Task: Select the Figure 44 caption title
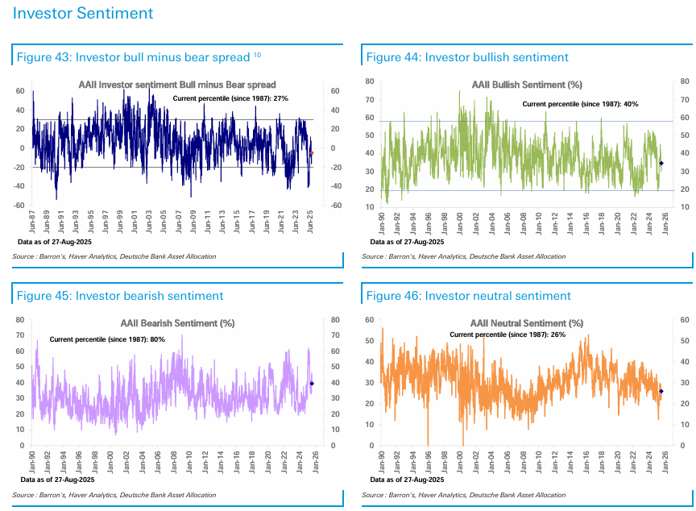[x=467, y=57]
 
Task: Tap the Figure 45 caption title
[x=120, y=296]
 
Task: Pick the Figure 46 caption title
[x=468, y=296]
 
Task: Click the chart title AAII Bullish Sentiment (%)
[x=527, y=85]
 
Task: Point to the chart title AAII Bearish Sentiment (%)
[x=177, y=323]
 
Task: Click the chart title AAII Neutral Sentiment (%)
[x=526, y=323]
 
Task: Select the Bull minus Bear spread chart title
[x=177, y=85]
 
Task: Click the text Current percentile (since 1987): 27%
[x=231, y=98]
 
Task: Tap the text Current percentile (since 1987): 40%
[x=580, y=104]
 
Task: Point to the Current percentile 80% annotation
[x=107, y=339]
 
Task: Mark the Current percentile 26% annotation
[x=507, y=334]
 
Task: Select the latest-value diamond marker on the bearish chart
[x=312, y=383]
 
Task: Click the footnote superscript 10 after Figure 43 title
[x=257, y=54]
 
